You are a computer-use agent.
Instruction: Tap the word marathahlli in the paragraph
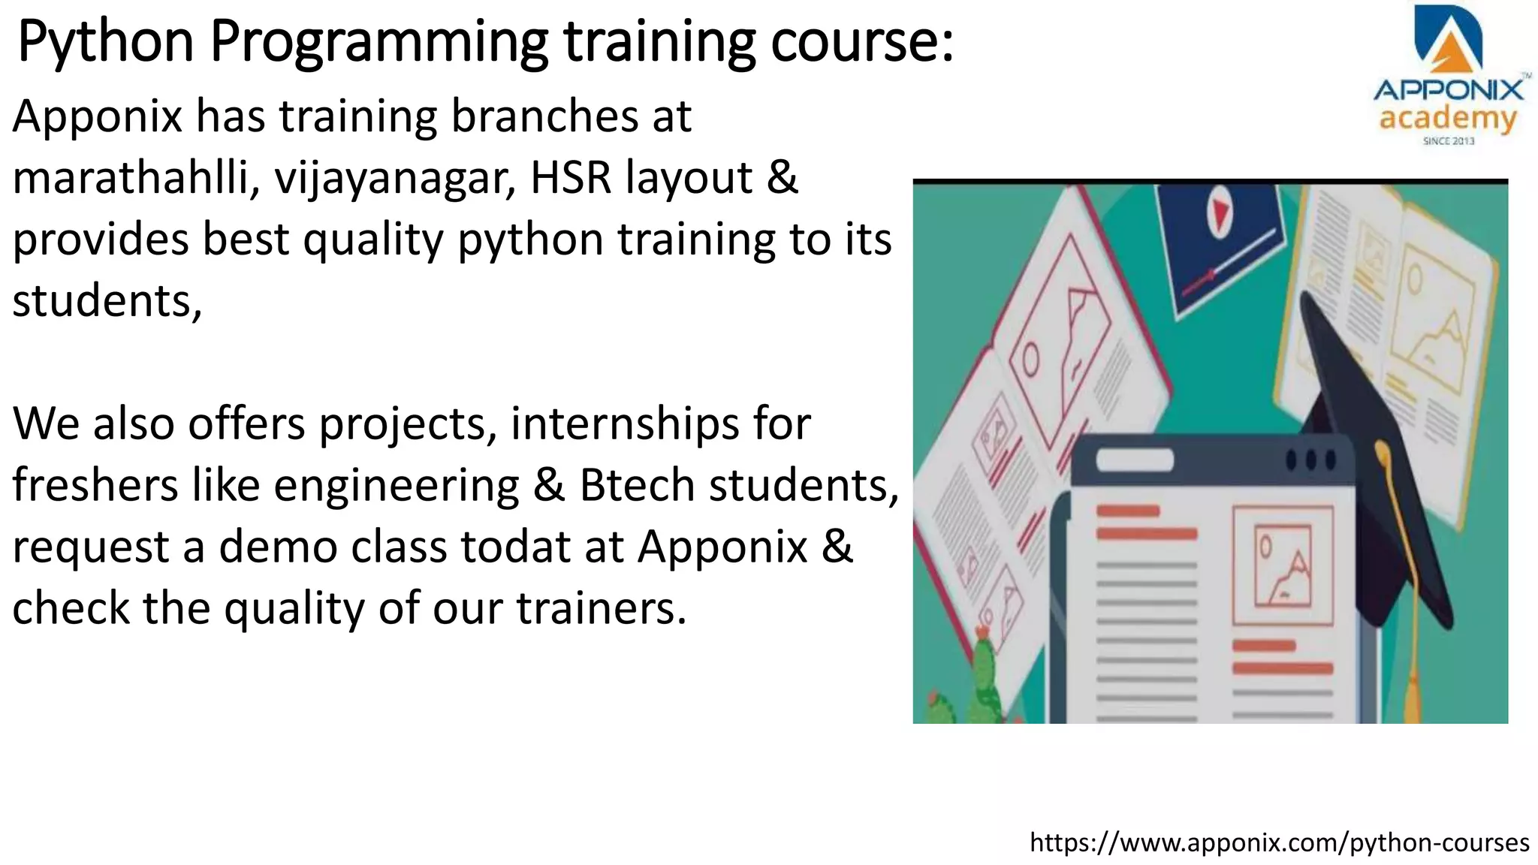coord(131,178)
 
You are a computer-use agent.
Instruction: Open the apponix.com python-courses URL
coord(1279,842)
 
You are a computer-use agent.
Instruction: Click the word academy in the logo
coord(1447,119)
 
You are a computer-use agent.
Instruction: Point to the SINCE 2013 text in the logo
coord(1449,141)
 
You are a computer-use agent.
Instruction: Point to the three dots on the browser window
coord(1310,459)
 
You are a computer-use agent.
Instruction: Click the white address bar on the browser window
coord(1135,460)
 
